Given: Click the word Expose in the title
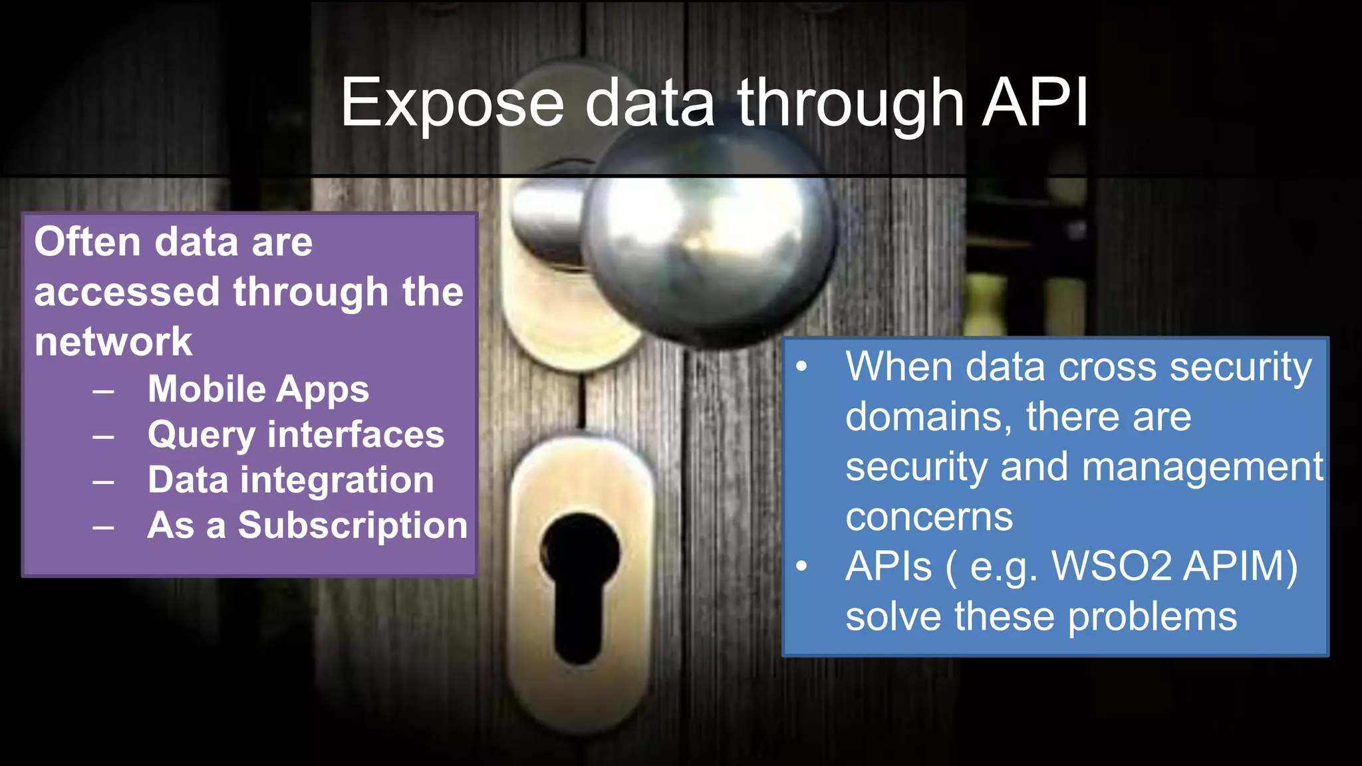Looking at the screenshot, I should tap(452, 103).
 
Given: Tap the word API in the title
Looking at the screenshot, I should tap(1035, 103).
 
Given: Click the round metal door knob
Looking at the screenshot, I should tap(708, 239).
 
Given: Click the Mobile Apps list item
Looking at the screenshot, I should tap(258, 389).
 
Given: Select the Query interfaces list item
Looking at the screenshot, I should tap(296, 435).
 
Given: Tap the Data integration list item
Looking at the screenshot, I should tap(291, 480).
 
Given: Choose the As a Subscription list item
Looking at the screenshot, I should tap(307, 525).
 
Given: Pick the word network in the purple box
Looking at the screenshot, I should tap(113, 342).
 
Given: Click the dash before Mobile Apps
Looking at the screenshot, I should tap(103, 391).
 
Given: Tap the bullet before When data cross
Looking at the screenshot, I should tap(801, 366).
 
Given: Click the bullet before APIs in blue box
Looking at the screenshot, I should tap(801, 566).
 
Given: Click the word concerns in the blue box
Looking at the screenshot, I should tap(929, 517).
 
